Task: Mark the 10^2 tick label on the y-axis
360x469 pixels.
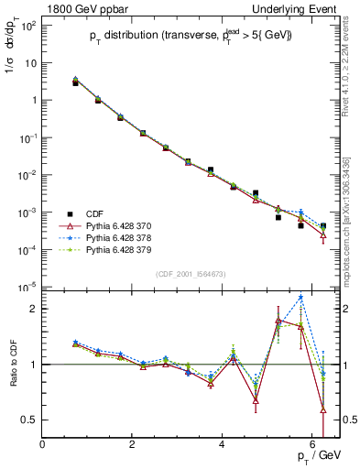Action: tap(27, 26)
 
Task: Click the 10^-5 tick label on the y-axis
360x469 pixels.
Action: tap(27, 287)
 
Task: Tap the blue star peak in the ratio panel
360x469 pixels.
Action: tap(300, 298)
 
